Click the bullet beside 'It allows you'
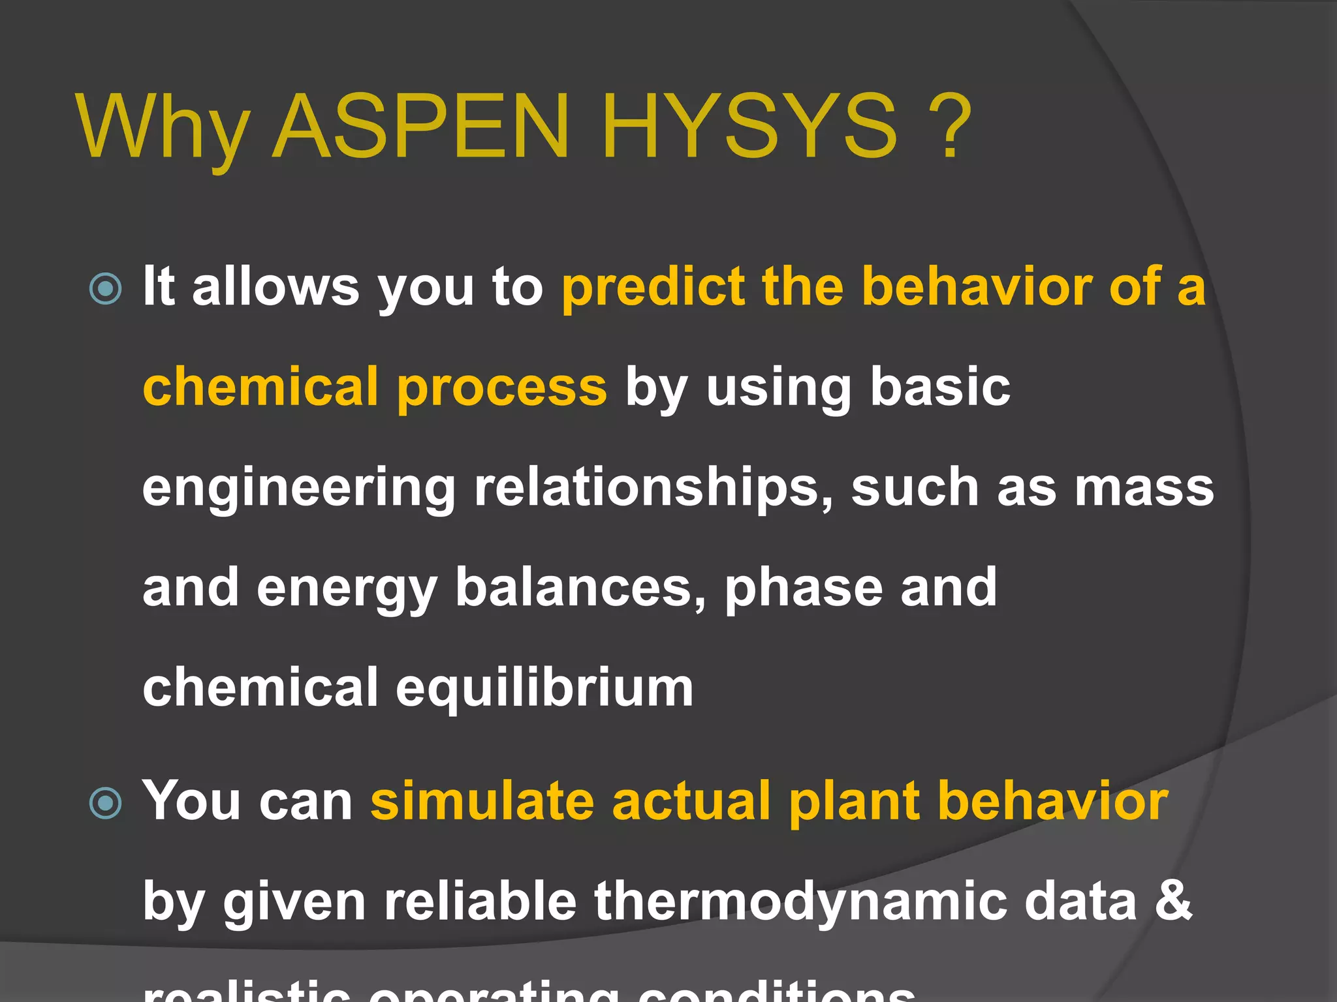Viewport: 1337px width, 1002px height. click(x=105, y=288)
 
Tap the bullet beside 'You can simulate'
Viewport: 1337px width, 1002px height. click(x=105, y=802)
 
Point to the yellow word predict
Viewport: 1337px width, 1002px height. click(x=653, y=287)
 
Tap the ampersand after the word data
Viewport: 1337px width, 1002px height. click(x=1173, y=902)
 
